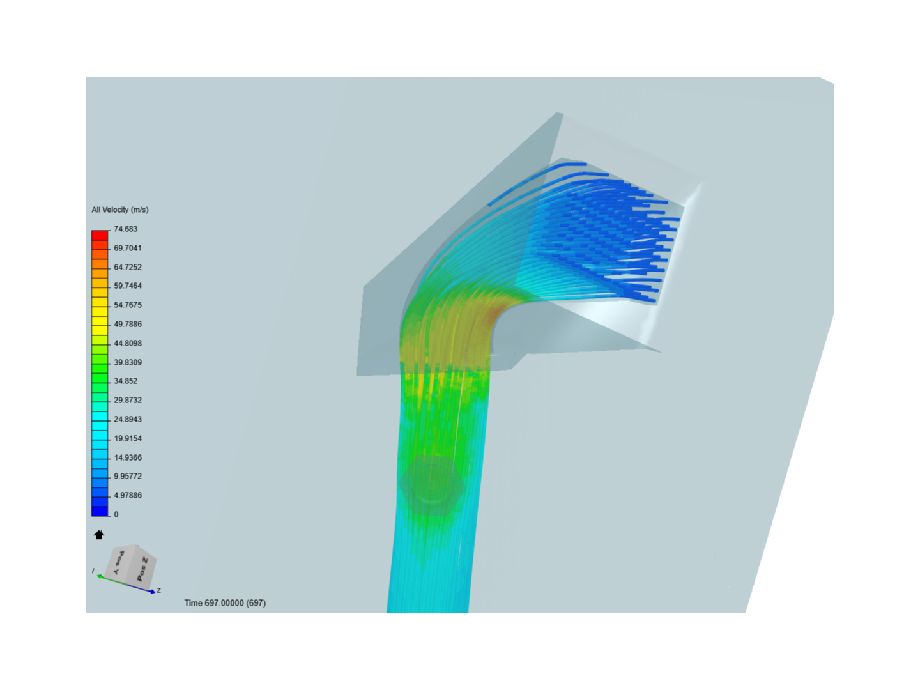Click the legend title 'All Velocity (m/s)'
[x=120, y=210]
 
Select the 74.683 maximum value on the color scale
[x=125, y=229]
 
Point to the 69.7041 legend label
[x=127, y=248]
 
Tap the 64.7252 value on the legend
[x=127, y=267]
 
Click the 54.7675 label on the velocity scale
[x=127, y=305]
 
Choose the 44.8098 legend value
[x=127, y=343]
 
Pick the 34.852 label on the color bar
[x=125, y=381]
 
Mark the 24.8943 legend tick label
[x=127, y=419]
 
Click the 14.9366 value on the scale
[x=127, y=457]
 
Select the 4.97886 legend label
[x=127, y=495]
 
